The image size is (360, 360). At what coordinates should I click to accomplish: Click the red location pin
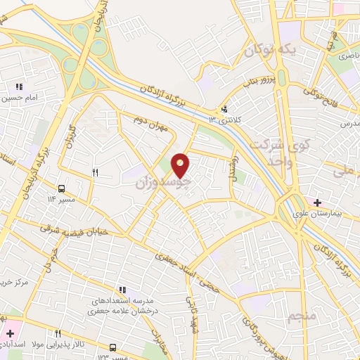[x=181, y=165]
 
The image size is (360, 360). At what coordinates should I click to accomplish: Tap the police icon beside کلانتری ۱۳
[x=224, y=109]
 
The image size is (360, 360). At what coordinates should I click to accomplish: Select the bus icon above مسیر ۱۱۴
[x=62, y=188]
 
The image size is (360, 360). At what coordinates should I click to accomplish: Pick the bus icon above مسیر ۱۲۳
[x=113, y=347]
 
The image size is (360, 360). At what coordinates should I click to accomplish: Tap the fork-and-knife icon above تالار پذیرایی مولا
[x=58, y=333]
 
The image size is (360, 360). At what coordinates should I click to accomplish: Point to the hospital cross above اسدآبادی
[x=10, y=333]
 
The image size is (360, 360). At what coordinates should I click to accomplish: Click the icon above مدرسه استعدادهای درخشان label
[x=122, y=289]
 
